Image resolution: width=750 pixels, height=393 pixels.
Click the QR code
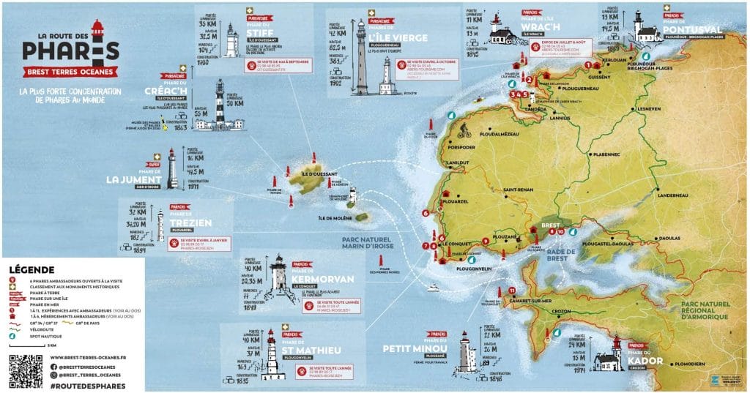[26, 371]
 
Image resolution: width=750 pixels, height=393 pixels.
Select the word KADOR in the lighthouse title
[645, 361]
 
